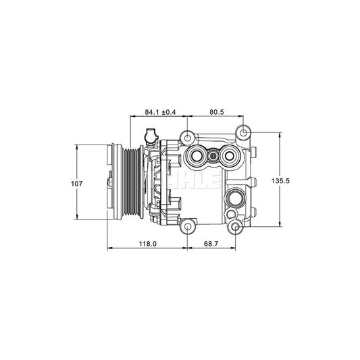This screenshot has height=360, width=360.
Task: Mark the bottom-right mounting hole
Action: tap(234, 229)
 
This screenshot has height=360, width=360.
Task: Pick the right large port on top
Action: tap(228, 157)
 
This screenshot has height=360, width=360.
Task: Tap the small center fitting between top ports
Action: tap(213, 157)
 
